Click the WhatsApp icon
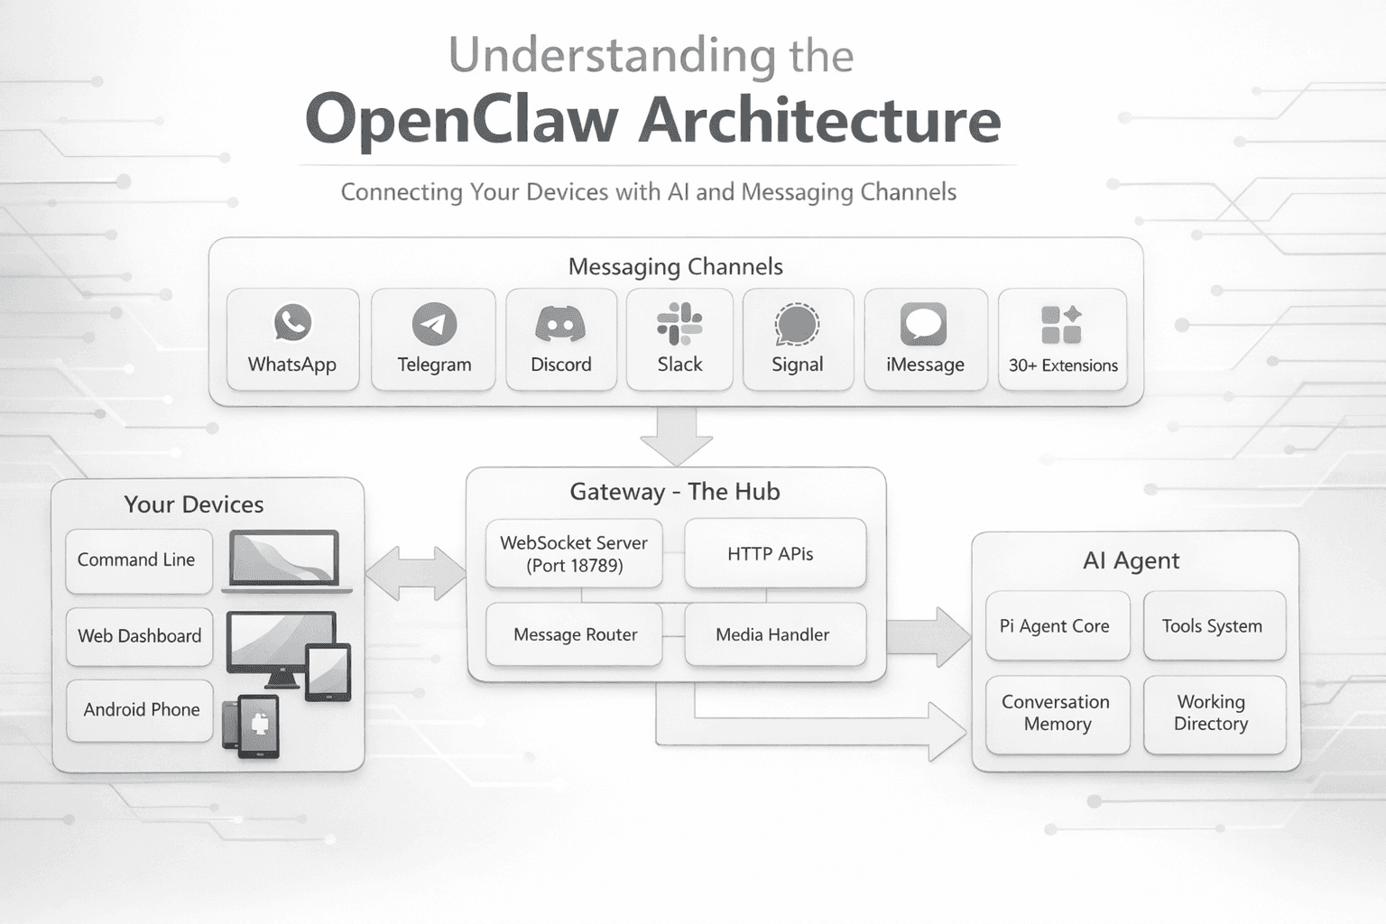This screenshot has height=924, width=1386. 292,323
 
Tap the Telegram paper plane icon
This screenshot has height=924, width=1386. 434,324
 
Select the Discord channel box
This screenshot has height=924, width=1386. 560,340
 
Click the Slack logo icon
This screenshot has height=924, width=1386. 679,324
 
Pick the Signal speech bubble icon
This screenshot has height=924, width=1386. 797,325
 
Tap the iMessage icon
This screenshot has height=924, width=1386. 924,324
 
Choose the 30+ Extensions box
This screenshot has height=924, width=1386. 1062,340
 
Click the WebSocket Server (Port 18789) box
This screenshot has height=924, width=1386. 574,554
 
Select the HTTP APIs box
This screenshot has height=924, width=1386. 774,554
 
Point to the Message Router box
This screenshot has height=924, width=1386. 574,634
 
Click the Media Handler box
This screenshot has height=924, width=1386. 774,634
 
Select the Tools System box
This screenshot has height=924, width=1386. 1214,626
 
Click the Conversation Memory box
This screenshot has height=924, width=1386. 1057,714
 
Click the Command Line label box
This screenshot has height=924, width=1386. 138,560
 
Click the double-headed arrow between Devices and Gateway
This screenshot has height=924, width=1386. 415,573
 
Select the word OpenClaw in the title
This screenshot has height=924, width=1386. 462,120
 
